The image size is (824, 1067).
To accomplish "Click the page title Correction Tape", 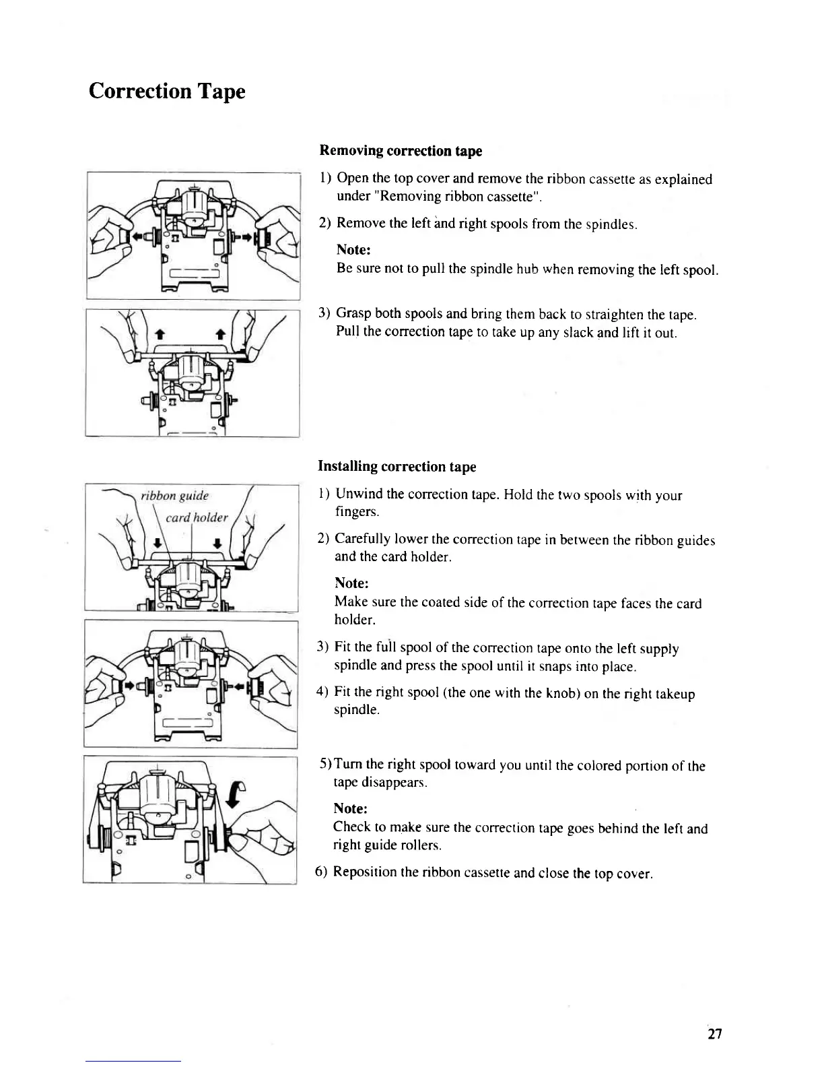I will click(166, 91).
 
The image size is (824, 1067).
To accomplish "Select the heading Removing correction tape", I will click(401, 150).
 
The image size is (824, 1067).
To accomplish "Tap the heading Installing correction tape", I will click(397, 466).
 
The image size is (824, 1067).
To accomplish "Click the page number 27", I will click(714, 1034).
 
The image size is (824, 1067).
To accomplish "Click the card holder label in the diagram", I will click(197, 517).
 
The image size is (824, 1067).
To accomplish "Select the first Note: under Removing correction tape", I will click(353, 250).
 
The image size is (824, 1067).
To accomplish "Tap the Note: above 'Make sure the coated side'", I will click(351, 583).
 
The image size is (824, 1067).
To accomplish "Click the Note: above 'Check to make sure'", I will click(350, 808).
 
